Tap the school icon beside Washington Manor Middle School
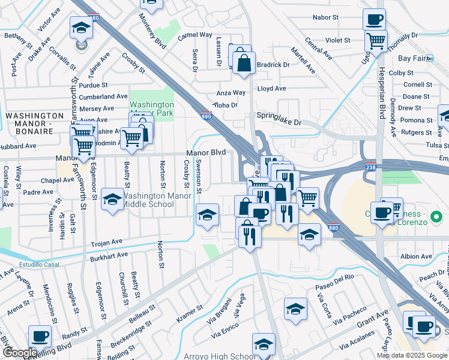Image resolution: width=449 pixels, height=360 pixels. pos(112,201)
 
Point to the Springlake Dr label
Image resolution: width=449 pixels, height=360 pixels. pos(279,118)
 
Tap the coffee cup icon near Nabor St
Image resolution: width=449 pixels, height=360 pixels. pos(374,19)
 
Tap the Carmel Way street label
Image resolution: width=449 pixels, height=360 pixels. pos(195,35)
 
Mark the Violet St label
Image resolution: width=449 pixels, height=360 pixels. pos(337,40)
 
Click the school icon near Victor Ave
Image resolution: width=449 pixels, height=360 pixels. pos(81,28)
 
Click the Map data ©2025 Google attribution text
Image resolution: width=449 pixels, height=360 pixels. pos(412,355)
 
